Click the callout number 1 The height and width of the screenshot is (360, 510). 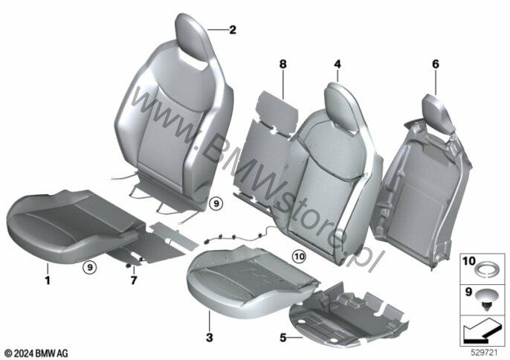(47, 281)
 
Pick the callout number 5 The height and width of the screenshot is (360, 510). (283, 337)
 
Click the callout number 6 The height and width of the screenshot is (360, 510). (436, 65)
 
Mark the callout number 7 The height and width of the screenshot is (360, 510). (134, 281)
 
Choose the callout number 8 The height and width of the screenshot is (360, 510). (283, 65)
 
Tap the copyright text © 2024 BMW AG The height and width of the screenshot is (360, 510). (36, 350)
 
